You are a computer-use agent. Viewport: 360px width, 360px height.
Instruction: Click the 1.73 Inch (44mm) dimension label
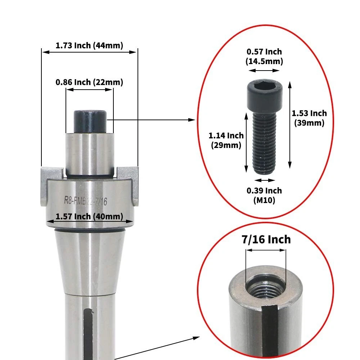pos(89,45)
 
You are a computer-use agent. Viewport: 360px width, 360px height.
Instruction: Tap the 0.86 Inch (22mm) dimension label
pos(89,82)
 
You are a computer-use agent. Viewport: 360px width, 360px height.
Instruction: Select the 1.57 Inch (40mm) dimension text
pos(89,216)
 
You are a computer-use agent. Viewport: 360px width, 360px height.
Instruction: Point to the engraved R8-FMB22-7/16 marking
pos(86,201)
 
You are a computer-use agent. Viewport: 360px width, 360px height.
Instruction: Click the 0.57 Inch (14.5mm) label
pos(264,57)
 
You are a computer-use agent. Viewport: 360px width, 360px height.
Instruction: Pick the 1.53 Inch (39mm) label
pos(309,118)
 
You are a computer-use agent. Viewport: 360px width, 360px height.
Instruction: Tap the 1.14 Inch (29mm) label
pos(226,140)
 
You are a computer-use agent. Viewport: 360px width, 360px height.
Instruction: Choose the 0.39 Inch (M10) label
pos(264,195)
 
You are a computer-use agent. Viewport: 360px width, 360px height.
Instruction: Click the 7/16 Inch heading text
pos(266,239)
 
